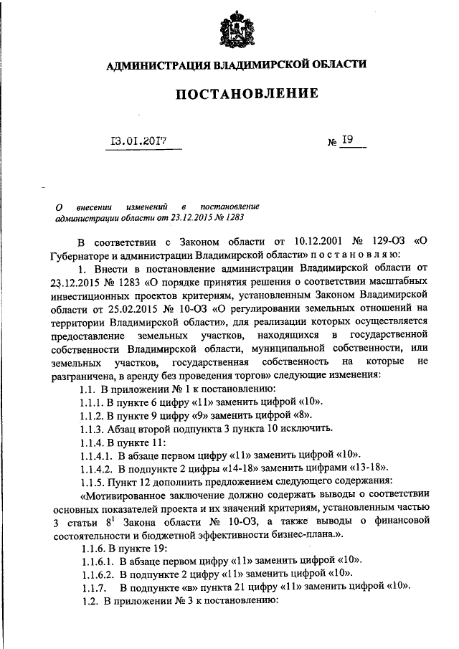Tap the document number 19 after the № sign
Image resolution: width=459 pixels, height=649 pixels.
tap(347, 141)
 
